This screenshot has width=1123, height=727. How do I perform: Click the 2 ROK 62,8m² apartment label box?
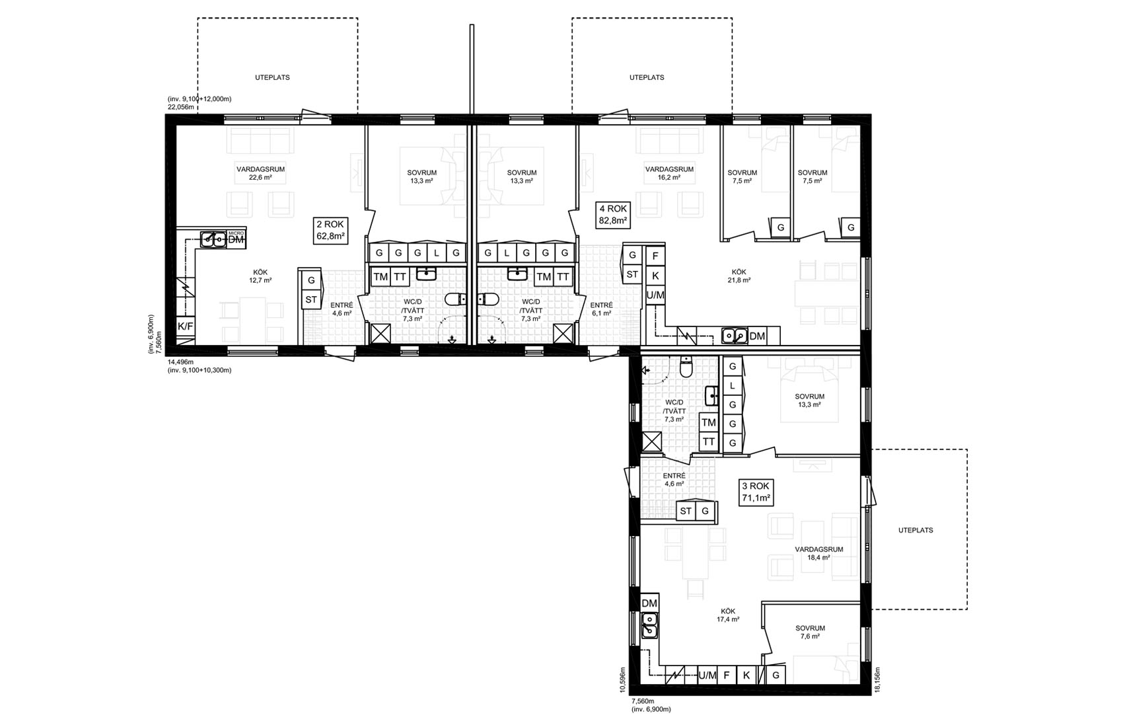click(330, 230)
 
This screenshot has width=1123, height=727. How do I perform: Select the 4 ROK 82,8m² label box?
click(612, 215)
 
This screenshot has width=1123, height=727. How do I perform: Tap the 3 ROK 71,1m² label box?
click(756, 492)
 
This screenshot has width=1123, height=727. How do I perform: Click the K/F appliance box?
click(185, 326)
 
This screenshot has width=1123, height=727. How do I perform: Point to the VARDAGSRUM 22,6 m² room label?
click(261, 173)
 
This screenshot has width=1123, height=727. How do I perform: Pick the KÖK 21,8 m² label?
click(739, 276)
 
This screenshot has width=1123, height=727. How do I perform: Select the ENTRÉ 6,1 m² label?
click(601, 309)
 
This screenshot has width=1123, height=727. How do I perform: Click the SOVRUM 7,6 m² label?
click(810, 632)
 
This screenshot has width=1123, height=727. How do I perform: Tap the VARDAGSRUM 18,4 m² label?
click(818, 553)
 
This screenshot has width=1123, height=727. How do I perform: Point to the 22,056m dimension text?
click(181, 107)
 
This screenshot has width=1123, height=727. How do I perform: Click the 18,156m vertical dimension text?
click(877, 680)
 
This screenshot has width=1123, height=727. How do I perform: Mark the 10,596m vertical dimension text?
click(623, 680)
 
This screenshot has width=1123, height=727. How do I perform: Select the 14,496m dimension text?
click(180, 362)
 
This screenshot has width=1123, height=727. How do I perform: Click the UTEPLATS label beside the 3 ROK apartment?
click(916, 530)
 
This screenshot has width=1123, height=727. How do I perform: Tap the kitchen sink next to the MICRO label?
click(213, 239)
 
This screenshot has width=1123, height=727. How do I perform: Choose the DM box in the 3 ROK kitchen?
click(649, 603)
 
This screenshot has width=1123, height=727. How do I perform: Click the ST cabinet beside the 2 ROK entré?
click(311, 299)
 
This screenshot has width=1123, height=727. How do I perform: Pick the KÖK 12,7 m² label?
click(260, 276)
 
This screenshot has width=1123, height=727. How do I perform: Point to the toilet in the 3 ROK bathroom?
click(686, 367)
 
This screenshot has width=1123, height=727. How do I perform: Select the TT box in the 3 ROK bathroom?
click(708, 442)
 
